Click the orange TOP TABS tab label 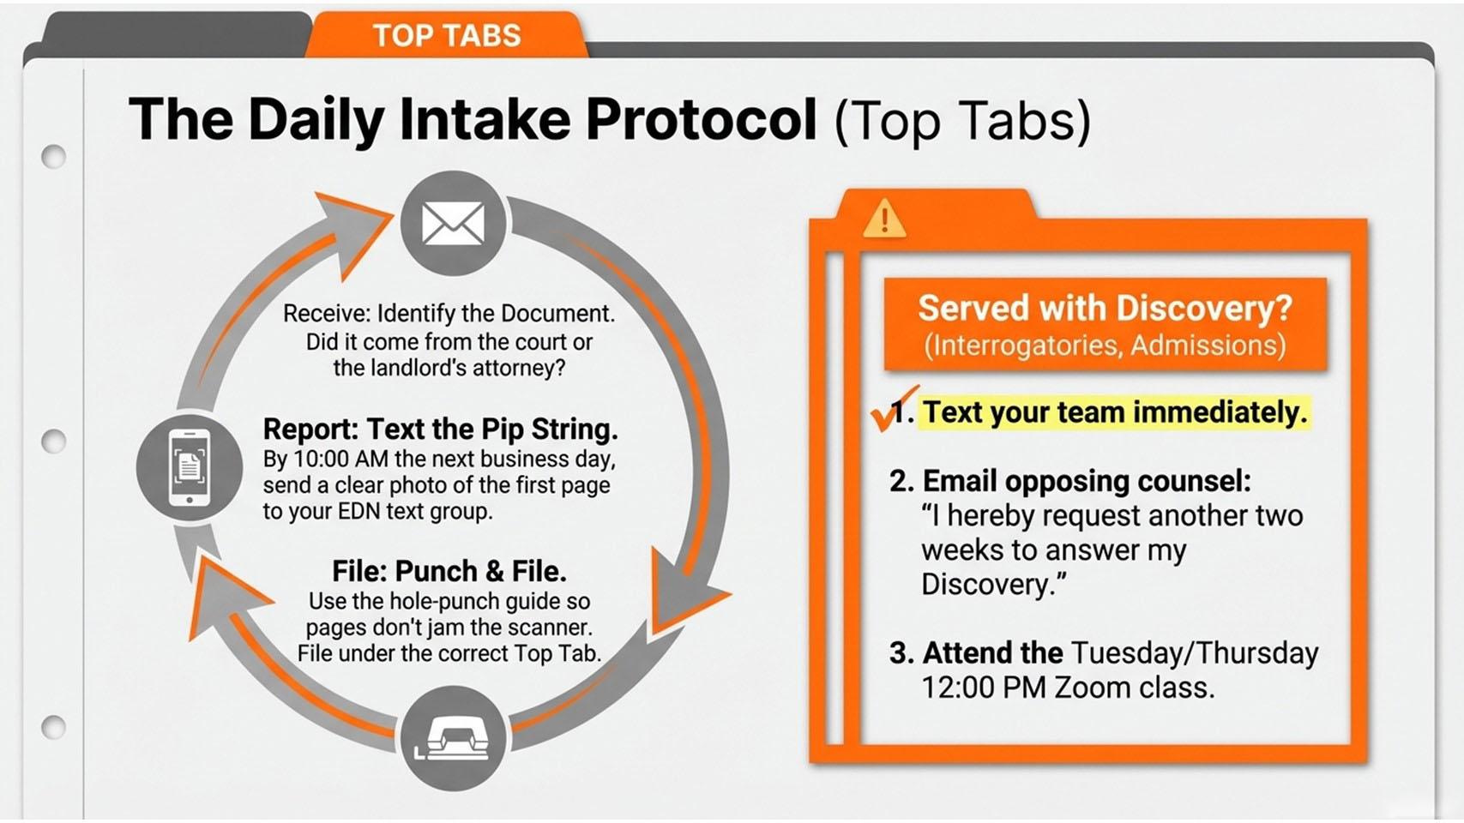point(447,35)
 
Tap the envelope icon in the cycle point(454,224)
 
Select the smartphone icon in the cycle point(190,468)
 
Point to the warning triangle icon point(884,218)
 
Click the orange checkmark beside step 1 point(893,409)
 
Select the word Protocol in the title point(702,119)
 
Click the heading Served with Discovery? point(1106,308)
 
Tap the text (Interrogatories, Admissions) point(1106,345)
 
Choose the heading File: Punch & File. point(449,571)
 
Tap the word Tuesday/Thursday point(1195,653)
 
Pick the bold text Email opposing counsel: point(1087,482)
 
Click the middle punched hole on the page point(53,442)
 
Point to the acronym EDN point(358,512)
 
